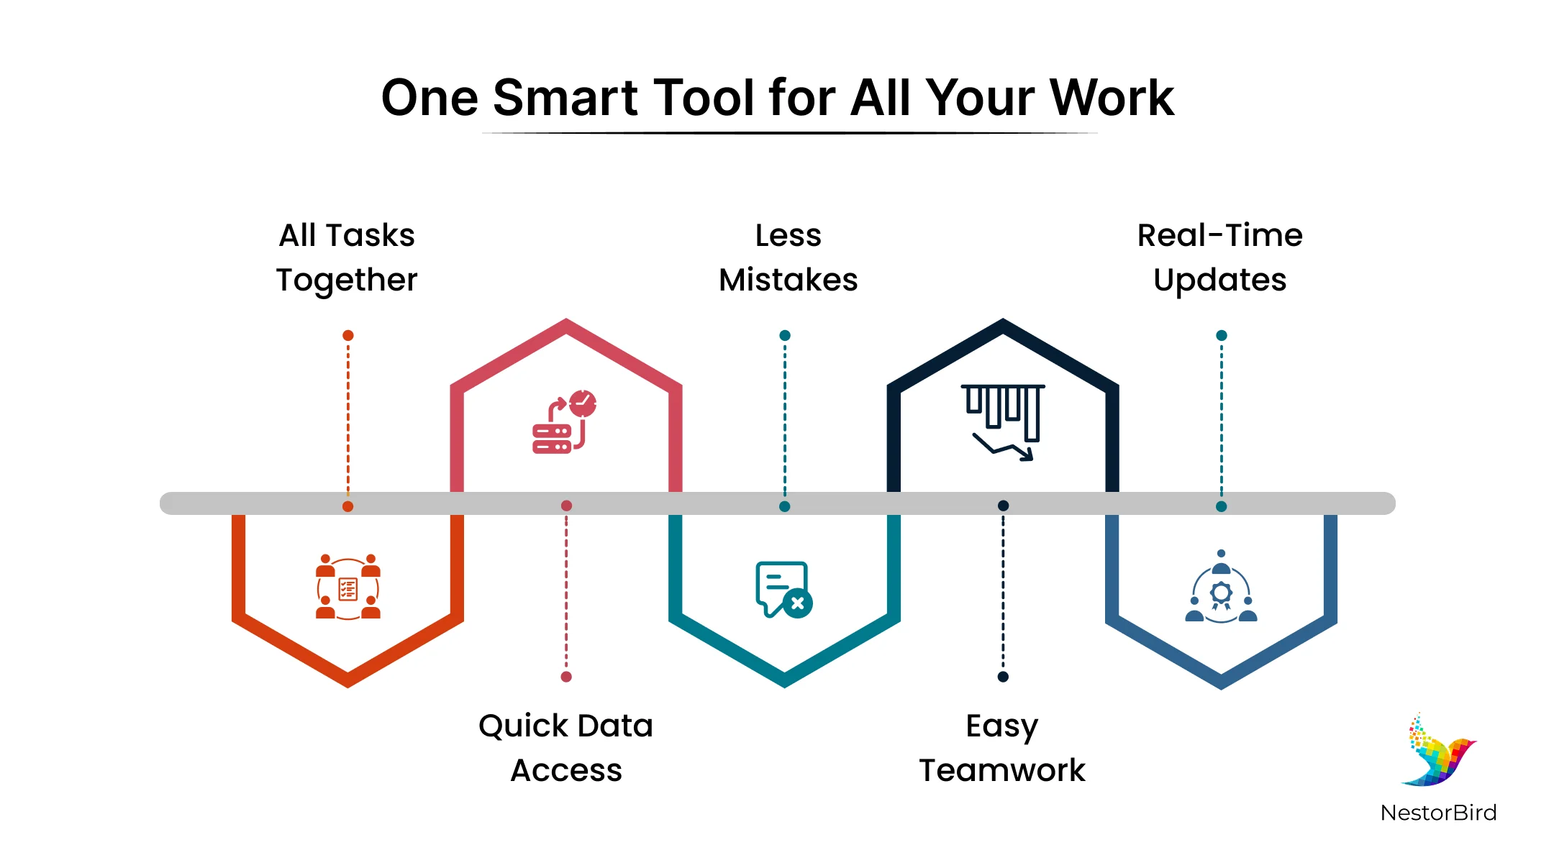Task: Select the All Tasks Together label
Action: [347, 257]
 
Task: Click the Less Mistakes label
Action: [789, 257]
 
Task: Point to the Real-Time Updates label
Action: [1220, 257]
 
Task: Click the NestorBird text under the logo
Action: [1439, 813]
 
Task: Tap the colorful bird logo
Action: [1440, 749]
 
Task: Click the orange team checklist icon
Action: [348, 587]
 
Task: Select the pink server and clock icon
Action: [565, 421]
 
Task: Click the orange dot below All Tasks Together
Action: [348, 335]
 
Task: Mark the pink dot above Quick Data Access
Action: [566, 677]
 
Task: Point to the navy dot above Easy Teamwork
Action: [1003, 677]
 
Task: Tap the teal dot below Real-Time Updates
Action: [1222, 335]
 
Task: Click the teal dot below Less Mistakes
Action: [785, 335]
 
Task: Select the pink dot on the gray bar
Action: [566, 506]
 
